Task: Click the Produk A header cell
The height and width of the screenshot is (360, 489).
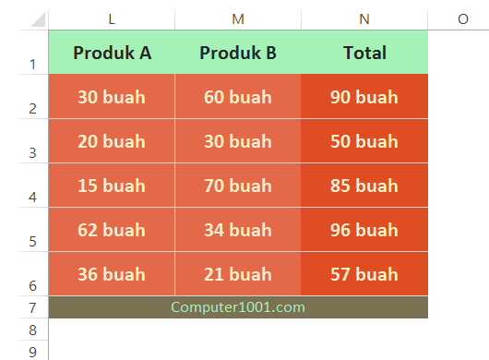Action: click(x=112, y=53)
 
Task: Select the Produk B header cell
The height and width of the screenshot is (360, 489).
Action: click(x=238, y=53)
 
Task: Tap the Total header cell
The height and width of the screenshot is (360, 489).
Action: click(x=364, y=53)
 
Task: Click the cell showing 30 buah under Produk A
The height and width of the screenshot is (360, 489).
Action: click(x=112, y=97)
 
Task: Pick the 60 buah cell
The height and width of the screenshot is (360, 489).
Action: click(x=238, y=97)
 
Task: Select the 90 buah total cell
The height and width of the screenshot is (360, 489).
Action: click(x=364, y=97)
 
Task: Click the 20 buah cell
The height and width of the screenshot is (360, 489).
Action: click(x=112, y=141)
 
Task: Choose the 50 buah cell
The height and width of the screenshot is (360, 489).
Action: click(x=364, y=141)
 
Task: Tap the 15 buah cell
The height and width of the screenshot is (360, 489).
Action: click(x=112, y=186)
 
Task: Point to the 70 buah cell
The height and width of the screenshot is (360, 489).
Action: click(x=238, y=186)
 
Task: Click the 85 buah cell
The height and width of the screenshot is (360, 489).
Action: click(x=364, y=186)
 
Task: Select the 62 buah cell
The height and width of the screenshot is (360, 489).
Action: click(x=112, y=230)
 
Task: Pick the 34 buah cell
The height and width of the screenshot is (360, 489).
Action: click(x=238, y=230)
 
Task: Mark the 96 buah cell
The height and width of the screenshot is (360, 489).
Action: click(x=364, y=230)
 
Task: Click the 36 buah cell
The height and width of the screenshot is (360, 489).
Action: click(x=112, y=274)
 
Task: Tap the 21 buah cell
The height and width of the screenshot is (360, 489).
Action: click(x=238, y=274)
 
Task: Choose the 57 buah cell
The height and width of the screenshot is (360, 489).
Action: click(x=364, y=274)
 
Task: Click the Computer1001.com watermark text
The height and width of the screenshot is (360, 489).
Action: click(x=238, y=307)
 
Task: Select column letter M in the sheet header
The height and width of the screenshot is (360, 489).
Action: click(x=238, y=18)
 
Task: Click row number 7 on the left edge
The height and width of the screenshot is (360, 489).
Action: click(x=32, y=307)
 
